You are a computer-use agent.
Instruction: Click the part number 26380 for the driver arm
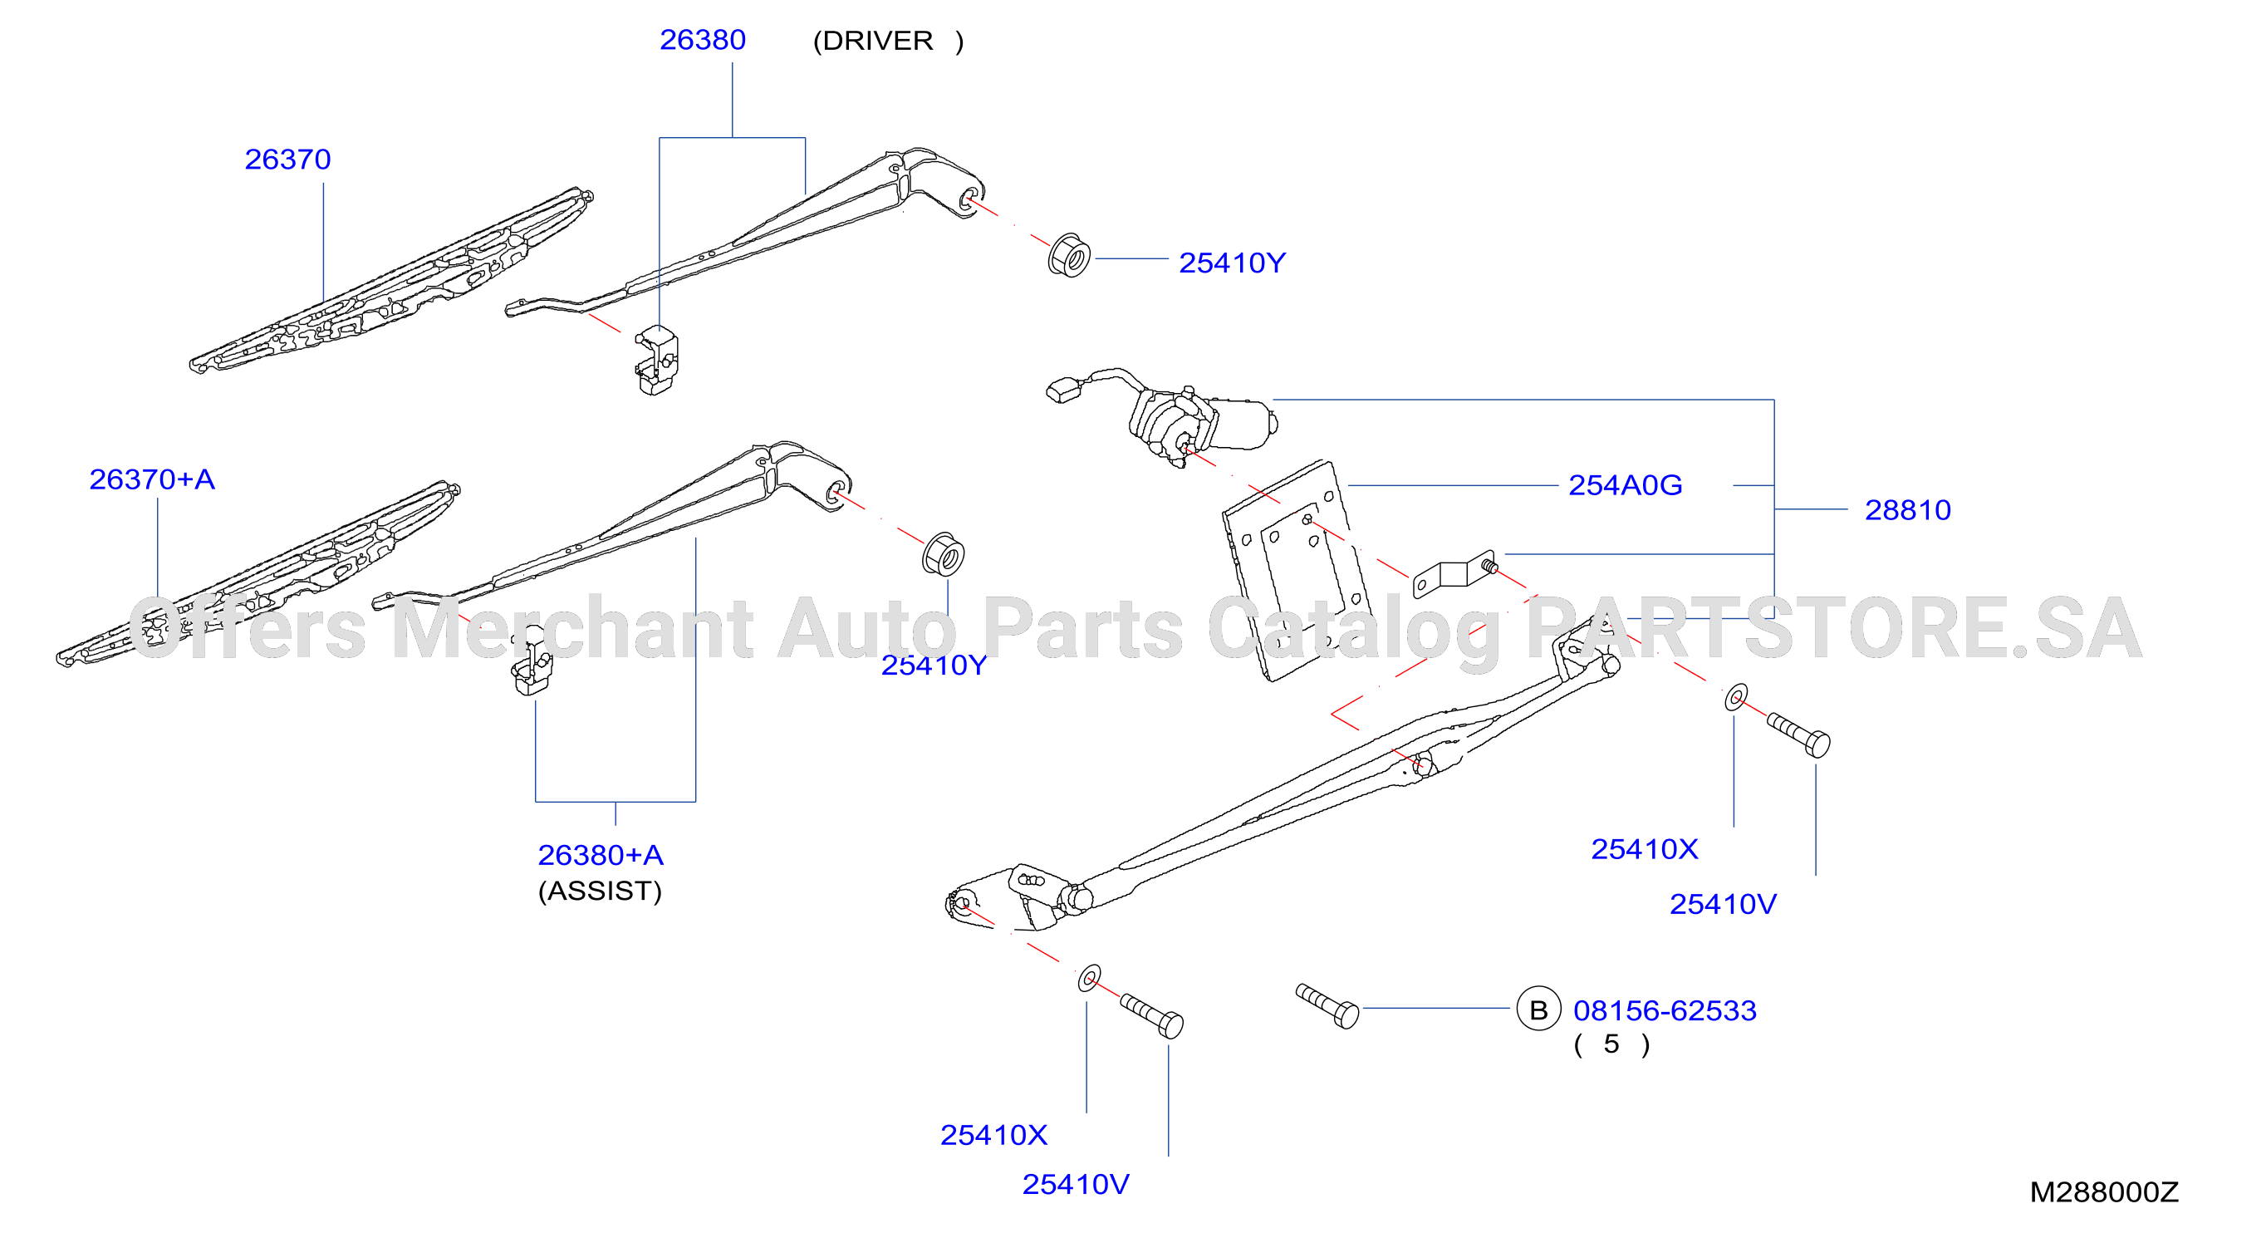pyautogui.click(x=702, y=40)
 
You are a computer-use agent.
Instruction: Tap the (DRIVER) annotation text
pyautogui.click(x=888, y=42)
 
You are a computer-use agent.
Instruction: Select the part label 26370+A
pyautogui.click(x=152, y=479)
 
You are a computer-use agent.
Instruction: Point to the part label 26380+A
pyautogui.click(x=601, y=855)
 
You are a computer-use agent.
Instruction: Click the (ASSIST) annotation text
pyautogui.click(x=600, y=892)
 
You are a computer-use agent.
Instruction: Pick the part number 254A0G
pyautogui.click(x=1625, y=485)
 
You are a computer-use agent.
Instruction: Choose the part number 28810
pyautogui.click(x=1907, y=509)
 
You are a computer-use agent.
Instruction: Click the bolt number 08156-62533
pyautogui.click(x=1665, y=1010)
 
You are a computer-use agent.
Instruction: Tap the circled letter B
pyautogui.click(x=1538, y=1009)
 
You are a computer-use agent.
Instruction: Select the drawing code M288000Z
pyautogui.click(x=2103, y=1191)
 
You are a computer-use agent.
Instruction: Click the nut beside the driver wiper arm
pyautogui.click(x=1069, y=255)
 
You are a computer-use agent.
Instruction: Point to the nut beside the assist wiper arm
pyautogui.click(x=943, y=553)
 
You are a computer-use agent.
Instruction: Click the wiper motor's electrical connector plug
pyautogui.click(x=1065, y=390)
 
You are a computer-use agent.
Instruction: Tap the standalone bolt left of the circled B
pyautogui.click(x=1327, y=1006)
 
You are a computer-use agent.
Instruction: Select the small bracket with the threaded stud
pyautogui.click(x=1453, y=574)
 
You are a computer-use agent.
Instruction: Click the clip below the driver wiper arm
pyautogui.click(x=656, y=360)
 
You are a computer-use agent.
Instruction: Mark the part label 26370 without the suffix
pyautogui.click(x=287, y=160)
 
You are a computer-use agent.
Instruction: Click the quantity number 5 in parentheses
pyautogui.click(x=1611, y=1044)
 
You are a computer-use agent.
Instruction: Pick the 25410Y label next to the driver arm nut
pyautogui.click(x=1232, y=263)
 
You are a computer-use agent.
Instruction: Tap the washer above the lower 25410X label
pyautogui.click(x=1089, y=978)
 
